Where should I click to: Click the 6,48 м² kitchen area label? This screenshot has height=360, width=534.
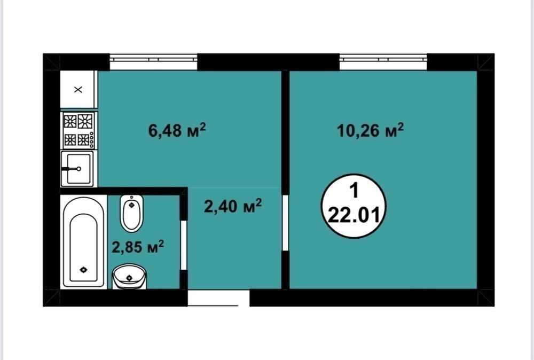tap(177, 130)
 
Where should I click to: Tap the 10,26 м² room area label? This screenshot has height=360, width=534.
tap(370, 130)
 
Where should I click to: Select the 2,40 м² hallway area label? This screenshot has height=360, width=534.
tap(233, 206)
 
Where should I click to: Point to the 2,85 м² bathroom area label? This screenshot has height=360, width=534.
tap(138, 247)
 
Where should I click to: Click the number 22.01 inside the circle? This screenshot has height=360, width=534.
tap(354, 215)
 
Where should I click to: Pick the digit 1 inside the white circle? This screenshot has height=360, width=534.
tap(355, 190)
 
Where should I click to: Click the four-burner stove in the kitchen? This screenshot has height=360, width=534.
tap(79, 130)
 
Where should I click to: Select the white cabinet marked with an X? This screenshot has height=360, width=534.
tap(78, 89)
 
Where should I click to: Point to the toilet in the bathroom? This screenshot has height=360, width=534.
tap(131, 214)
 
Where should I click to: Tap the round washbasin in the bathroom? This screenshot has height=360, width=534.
tap(129, 277)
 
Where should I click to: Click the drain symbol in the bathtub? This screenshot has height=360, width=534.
tap(83, 270)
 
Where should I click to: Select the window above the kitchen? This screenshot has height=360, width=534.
tap(154, 62)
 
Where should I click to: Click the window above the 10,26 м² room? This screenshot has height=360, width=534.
tap(383, 62)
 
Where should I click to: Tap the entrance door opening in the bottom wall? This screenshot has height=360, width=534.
tap(218, 298)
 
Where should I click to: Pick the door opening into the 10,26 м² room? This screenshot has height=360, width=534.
tap(285, 223)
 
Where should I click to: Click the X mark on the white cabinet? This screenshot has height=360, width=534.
tap(78, 90)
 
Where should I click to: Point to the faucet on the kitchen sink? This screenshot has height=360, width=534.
tap(71, 169)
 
